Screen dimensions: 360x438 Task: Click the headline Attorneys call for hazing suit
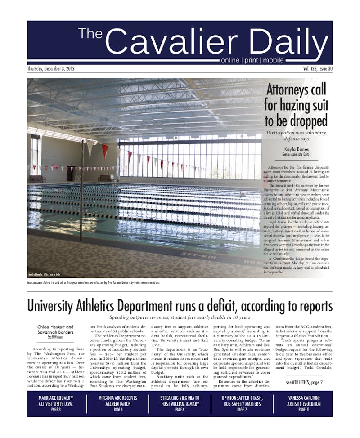coord(296,105)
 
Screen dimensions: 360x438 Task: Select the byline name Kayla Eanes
coord(297,149)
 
